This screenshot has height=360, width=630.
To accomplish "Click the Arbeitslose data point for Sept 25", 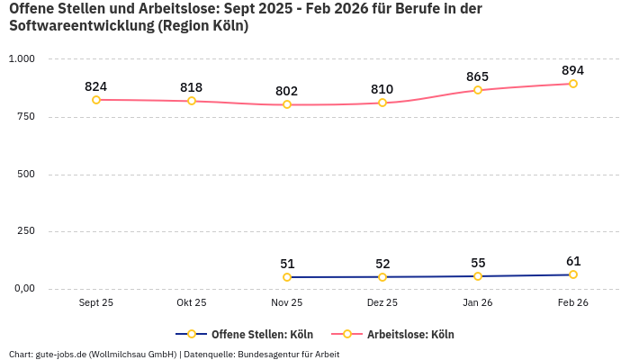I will coord(96,100).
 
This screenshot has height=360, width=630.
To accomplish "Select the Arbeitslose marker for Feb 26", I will coord(573,84).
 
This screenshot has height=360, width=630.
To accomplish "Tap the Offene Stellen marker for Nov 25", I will coord(287,277).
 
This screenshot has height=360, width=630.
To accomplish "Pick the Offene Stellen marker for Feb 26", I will coord(573,274).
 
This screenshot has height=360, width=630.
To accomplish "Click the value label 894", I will coord(572,70).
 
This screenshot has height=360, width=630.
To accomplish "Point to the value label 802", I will coord(287,91).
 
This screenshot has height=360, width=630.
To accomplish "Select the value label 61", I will coord(573,261).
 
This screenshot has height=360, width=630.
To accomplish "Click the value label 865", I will coord(478,76).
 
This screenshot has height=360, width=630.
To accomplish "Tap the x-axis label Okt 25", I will coord(192,303).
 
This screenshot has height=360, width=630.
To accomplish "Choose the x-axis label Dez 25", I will coord(382,303).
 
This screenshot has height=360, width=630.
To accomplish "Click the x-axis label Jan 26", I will coord(478,303).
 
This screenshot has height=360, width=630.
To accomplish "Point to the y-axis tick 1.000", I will coord(22,58).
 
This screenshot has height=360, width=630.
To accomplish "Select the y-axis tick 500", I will coord(25,174).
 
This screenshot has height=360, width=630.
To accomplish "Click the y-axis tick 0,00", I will coord(22,288).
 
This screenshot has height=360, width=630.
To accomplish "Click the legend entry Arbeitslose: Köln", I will coord(409,335).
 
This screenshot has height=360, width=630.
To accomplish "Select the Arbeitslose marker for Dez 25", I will coord(382,103).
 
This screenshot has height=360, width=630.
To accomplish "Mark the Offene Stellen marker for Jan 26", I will coord(478,276).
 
